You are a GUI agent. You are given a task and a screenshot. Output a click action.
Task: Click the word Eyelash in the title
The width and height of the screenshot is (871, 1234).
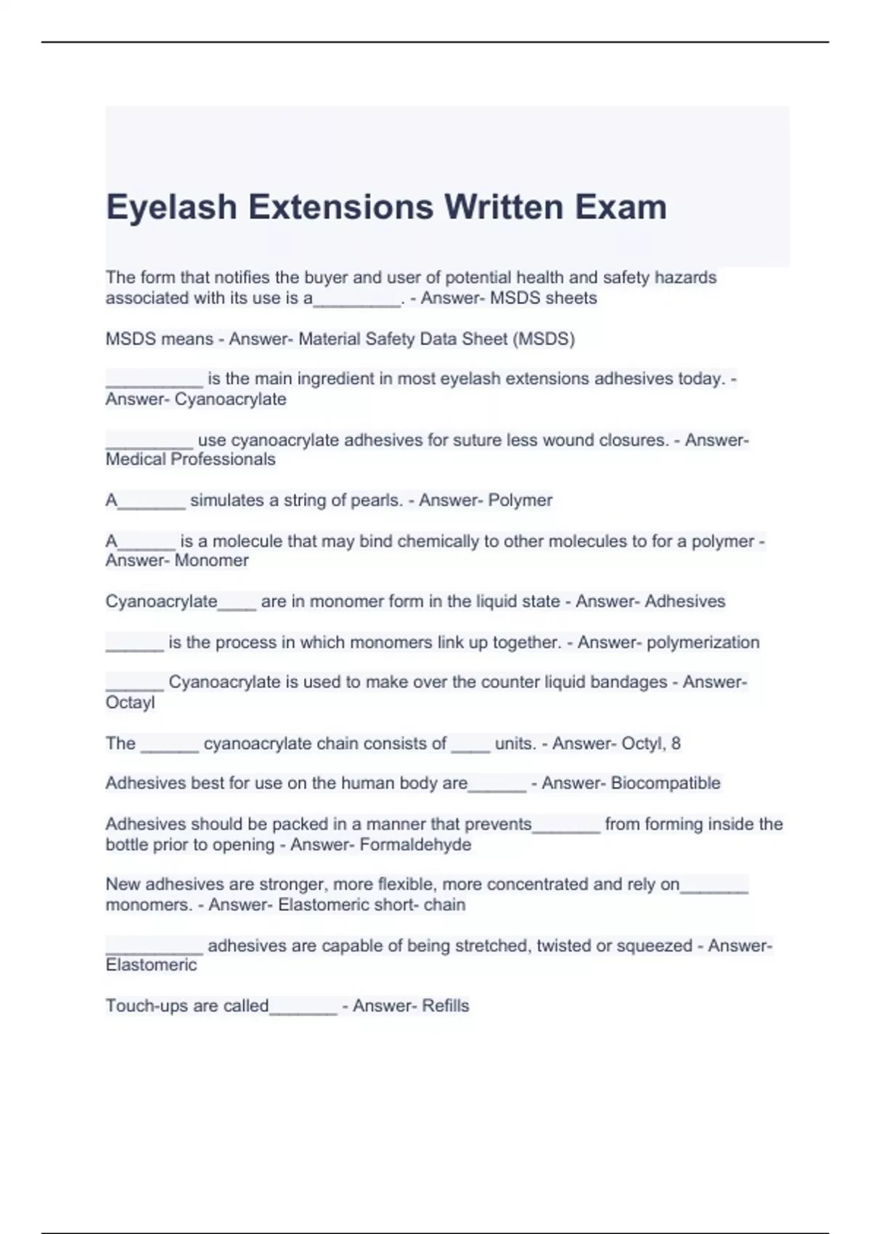click(171, 208)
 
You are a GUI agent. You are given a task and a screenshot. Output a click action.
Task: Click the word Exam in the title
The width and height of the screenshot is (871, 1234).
click(621, 208)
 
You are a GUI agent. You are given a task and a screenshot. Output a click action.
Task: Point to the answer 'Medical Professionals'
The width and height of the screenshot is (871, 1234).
click(190, 459)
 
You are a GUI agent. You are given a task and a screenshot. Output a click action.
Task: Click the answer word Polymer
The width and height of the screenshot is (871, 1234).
click(520, 500)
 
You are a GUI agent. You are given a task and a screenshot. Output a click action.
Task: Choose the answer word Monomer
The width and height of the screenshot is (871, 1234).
click(212, 560)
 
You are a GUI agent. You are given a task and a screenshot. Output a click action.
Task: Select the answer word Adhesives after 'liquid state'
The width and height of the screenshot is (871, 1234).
click(684, 602)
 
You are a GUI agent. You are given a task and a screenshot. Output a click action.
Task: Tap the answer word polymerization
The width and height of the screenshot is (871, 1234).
click(703, 642)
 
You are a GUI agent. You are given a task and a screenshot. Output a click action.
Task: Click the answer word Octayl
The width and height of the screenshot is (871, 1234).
click(130, 703)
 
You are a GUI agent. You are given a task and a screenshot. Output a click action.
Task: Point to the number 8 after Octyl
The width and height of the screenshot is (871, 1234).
click(676, 743)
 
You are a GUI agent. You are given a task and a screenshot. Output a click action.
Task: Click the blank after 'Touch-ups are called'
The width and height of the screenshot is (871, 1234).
click(303, 1009)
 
